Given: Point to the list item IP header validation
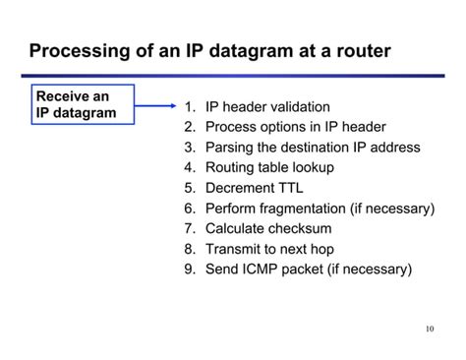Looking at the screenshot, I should [267, 106].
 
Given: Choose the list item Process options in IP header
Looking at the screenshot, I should [295, 127].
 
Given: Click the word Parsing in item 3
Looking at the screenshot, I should [230, 148].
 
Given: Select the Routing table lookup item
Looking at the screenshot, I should [269, 167].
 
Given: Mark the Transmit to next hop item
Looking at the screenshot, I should [270, 249].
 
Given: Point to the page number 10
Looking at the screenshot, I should [430, 329].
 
